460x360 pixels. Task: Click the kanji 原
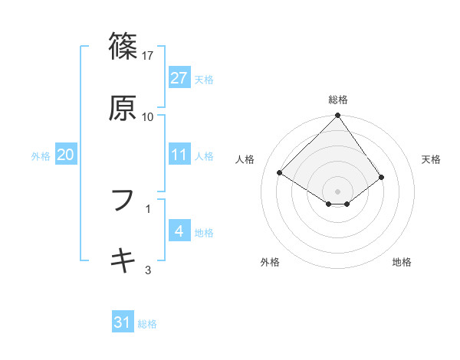click(x=123, y=109)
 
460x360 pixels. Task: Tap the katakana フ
click(x=123, y=199)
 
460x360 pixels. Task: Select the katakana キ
click(x=123, y=260)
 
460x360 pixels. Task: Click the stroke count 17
click(x=148, y=55)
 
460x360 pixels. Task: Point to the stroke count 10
click(x=148, y=117)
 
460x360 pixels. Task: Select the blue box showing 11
click(x=179, y=155)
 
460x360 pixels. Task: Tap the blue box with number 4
click(x=179, y=232)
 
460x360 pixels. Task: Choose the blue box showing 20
click(x=65, y=155)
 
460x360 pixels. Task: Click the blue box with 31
click(x=123, y=323)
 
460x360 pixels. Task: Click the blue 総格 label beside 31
click(x=147, y=324)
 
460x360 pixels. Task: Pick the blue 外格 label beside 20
click(x=41, y=156)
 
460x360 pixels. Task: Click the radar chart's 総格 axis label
click(x=338, y=100)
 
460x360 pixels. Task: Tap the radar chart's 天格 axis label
click(x=432, y=159)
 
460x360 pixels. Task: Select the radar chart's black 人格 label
click(x=246, y=159)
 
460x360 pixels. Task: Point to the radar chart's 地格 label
click(x=402, y=262)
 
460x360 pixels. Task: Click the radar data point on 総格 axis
click(x=338, y=116)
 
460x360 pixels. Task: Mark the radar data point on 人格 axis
click(x=281, y=173)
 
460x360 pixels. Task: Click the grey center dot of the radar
click(x=338, y=191)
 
